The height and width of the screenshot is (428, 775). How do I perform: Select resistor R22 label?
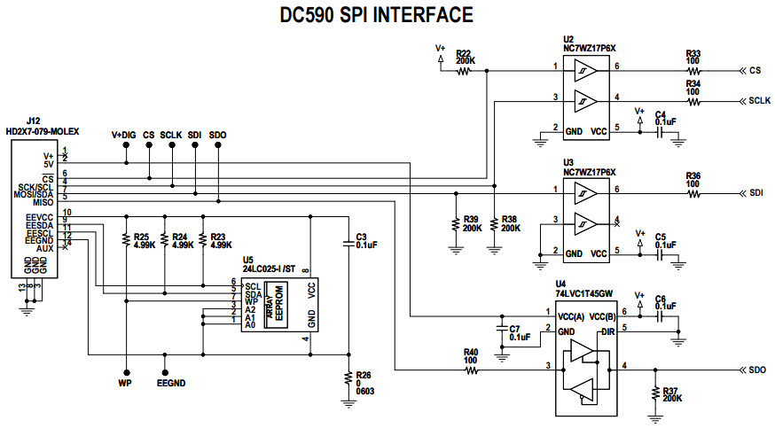(465, 53)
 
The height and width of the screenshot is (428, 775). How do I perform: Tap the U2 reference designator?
(569, 40)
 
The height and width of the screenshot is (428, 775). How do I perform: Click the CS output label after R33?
(756, 69)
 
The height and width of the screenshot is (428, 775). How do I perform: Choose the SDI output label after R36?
(756, 193)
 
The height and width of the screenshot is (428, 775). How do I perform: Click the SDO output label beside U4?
(756, 369)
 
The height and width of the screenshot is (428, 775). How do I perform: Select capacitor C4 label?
(660, 114)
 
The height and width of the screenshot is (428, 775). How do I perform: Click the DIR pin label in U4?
(607, 331)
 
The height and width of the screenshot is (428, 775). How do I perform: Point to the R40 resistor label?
(471, 352)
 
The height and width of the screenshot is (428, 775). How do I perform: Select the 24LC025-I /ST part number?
(270, 268)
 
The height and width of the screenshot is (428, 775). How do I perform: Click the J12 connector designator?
(33, 120)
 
